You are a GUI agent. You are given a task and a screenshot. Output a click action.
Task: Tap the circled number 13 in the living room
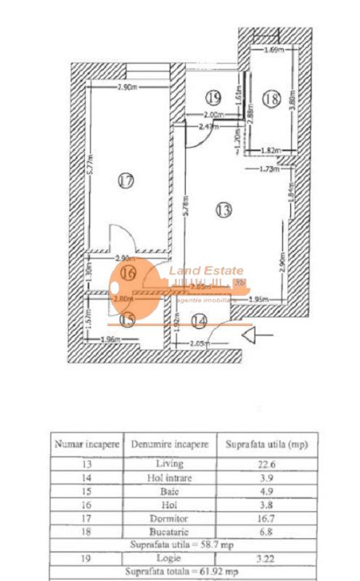coord(224,210)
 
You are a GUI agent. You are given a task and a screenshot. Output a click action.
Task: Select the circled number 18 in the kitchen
coord(271,99)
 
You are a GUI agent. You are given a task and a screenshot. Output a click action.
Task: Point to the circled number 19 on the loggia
coord(212,96)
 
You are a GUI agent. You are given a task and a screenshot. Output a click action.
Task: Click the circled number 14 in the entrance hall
coord(198,319)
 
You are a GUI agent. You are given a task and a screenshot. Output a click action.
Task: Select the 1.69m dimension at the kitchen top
coord(274,50)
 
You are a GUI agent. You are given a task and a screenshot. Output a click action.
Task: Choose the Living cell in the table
coord(170,464)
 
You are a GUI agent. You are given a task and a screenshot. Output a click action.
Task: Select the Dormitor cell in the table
coord(170,519)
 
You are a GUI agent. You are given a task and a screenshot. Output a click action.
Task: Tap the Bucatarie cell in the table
coord(170,532)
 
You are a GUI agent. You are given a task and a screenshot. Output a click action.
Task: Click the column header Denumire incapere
coord(170,444)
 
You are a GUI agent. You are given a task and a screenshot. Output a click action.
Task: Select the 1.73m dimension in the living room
coord(270,169)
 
